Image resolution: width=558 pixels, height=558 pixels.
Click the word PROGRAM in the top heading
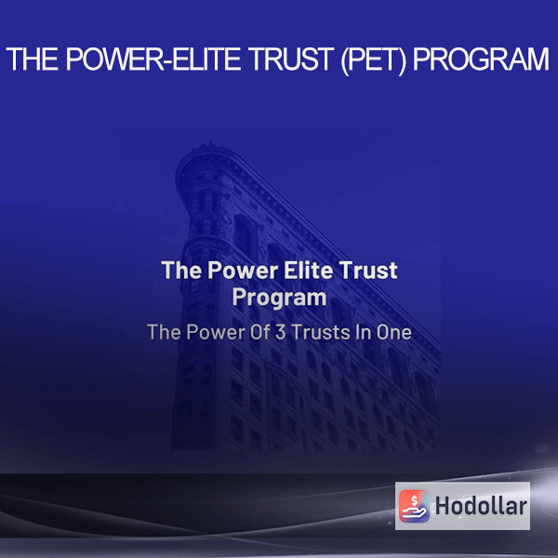pos(481,60)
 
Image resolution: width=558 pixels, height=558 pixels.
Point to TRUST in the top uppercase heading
pos(291,60)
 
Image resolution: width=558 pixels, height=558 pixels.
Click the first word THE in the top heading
pos(33,60)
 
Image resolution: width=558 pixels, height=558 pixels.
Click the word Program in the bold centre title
pos(279,298)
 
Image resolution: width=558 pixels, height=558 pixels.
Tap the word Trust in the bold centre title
pos(368,270)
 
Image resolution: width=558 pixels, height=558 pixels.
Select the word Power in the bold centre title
pos(243,270)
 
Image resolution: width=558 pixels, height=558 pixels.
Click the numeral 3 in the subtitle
pos(281,332)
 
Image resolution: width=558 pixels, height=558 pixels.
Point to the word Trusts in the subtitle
pos(321,332)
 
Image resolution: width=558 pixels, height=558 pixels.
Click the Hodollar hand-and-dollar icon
pos(414,506)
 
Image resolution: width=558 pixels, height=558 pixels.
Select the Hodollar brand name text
pos(481,506)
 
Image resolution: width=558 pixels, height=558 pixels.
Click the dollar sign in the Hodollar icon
pos(414,500)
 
